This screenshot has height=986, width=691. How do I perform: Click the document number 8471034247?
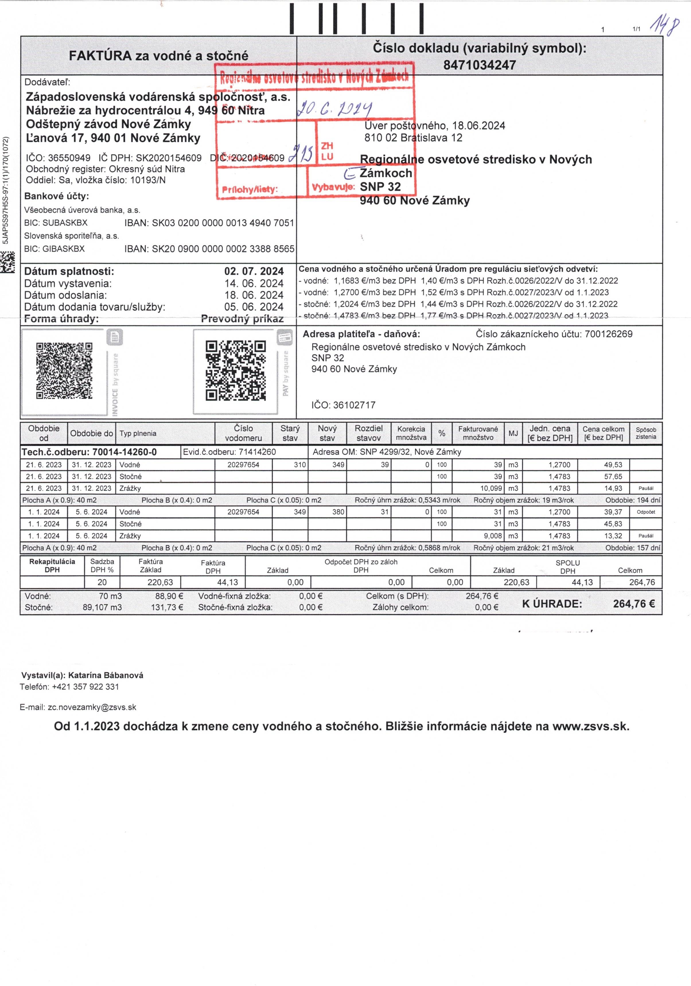(x=479, y=65)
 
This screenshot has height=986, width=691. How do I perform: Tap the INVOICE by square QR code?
(x=64, y=371)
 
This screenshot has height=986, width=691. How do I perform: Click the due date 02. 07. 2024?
(x=254, y=271)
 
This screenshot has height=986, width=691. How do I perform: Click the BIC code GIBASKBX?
(x=64, y=249)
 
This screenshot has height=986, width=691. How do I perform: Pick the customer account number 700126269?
(x=609, y=334)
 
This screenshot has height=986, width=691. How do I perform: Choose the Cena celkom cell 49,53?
(x=604, y=465)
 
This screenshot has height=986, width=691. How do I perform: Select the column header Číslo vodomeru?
(x=244, y=433)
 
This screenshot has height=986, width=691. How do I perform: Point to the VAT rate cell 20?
(x=102, y=582)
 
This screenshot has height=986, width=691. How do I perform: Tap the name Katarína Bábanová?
(x=106, y=675)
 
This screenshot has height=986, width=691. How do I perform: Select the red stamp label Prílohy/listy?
(x=250, y=189)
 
